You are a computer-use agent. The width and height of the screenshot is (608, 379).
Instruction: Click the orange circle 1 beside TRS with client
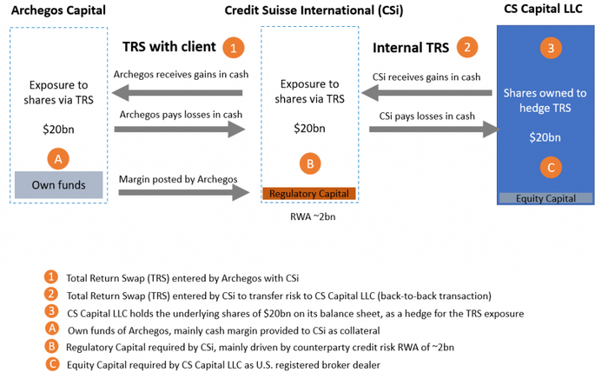pos(232,46)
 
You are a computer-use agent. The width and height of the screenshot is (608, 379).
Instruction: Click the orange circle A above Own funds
pos(58,159)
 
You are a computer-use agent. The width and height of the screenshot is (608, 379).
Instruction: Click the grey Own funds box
pos(58,184)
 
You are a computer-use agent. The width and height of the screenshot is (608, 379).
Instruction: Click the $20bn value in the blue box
pos(546,137)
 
